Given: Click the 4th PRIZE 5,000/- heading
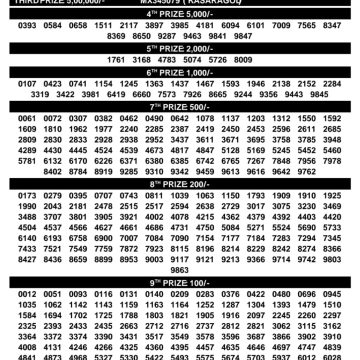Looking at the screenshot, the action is pos(180,13).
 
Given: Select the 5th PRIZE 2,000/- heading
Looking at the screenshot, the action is pos(180,46).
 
